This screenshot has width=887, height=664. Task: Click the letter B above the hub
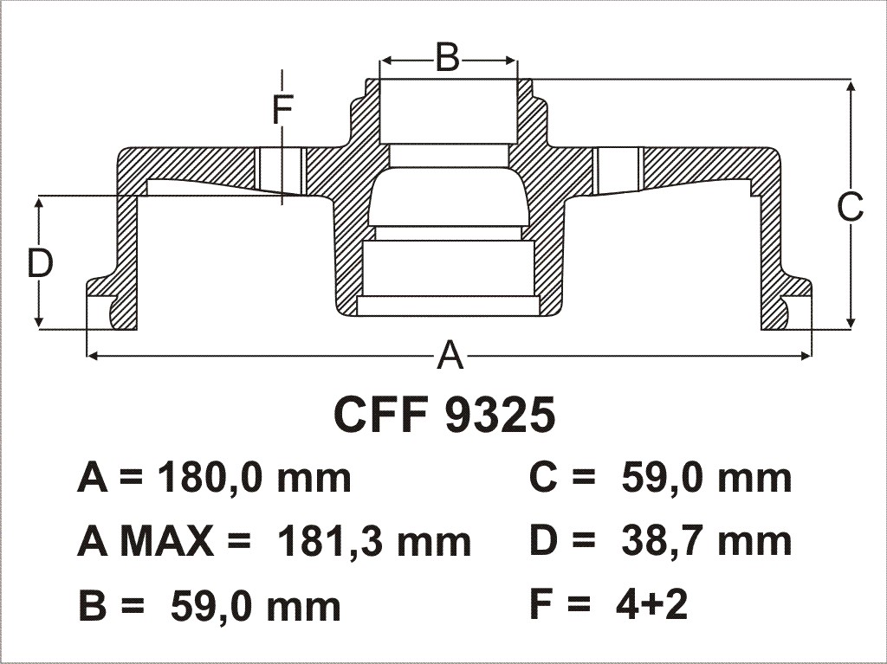point(448,57)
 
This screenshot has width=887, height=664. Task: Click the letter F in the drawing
point(282,110)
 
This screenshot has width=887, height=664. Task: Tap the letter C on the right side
point(851,207)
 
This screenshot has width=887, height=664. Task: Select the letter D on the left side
point(40,263)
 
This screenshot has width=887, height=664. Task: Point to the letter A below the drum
point(450,356)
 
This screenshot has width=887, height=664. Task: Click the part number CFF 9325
point(445,415)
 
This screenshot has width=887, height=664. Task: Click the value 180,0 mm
point(255,479)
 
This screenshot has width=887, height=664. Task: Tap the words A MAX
point(146,542)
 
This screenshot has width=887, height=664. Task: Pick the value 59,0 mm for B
point(256,606)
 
